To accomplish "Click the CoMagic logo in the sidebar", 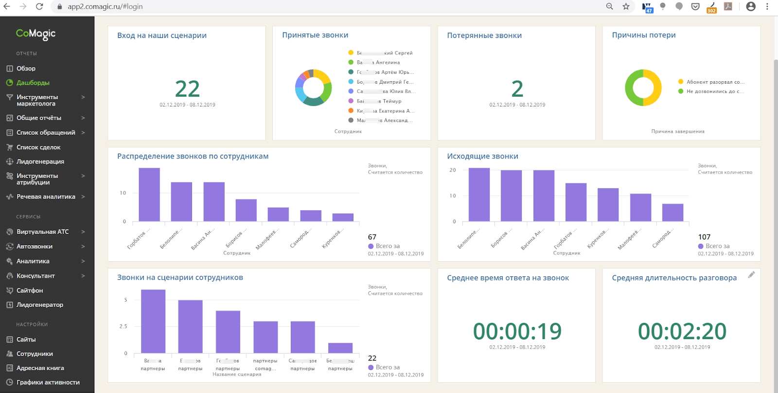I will tap(36, 34).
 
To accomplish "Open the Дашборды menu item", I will tap(33, 83).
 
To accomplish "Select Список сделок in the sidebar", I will tap(38, 147).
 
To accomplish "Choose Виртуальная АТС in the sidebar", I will tap(42, 232).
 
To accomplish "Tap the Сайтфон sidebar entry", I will tap(30, 290).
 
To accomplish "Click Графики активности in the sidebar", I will tap(48, 382).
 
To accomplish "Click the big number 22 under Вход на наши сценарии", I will tap(187, 89).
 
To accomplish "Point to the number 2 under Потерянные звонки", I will tap(517, 89).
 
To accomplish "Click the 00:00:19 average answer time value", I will tap(517, 331).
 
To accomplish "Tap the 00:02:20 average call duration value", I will tap(682, 331).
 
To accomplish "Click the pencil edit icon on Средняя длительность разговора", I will tap(751, 275).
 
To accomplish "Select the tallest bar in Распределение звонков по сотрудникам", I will tap(149, 195).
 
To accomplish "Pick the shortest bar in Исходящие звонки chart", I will tap(672, 213).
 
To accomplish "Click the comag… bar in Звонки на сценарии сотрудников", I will tap(265, 337).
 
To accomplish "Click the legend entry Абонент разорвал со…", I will tap(715, 82).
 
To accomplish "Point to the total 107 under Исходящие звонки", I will tap(704, 237).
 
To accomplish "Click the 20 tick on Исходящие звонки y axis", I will tap(453, 170).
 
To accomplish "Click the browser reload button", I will tap(39, 6).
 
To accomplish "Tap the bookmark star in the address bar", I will tap(626, 6).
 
